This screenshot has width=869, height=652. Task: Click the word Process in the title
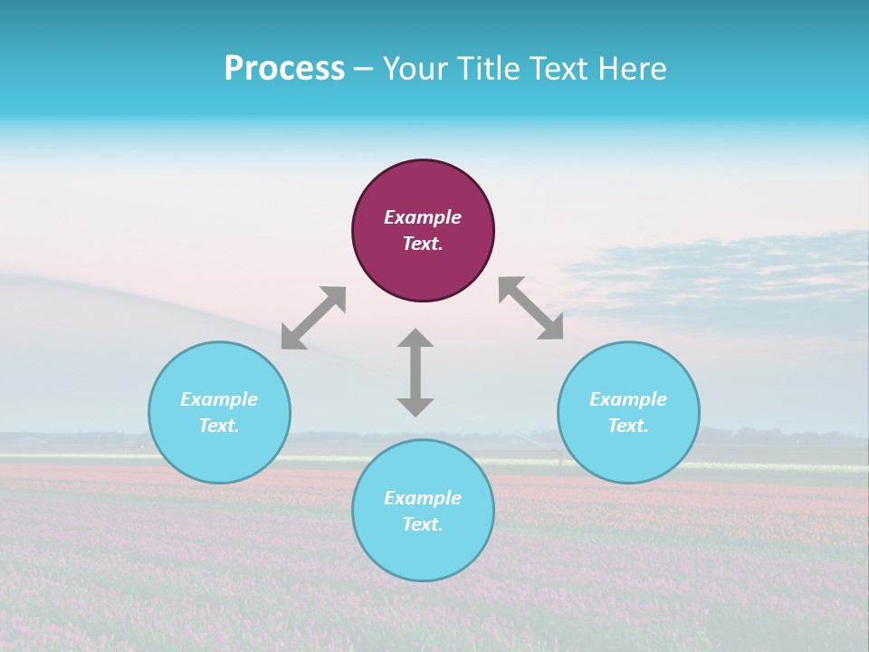point(284,69)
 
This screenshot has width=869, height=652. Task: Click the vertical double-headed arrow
point(415,372)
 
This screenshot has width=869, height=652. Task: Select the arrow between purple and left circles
point(313,318)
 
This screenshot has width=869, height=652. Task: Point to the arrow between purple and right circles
point(531,308)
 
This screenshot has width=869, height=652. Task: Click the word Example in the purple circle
point(423,217)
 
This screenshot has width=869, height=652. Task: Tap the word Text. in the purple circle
point(423,244)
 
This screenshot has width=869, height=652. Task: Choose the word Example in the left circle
point(219,399)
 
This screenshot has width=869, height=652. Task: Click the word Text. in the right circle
point(628,426)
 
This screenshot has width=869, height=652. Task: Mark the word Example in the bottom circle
point(423,498)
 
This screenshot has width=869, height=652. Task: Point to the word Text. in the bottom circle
point(423,524)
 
